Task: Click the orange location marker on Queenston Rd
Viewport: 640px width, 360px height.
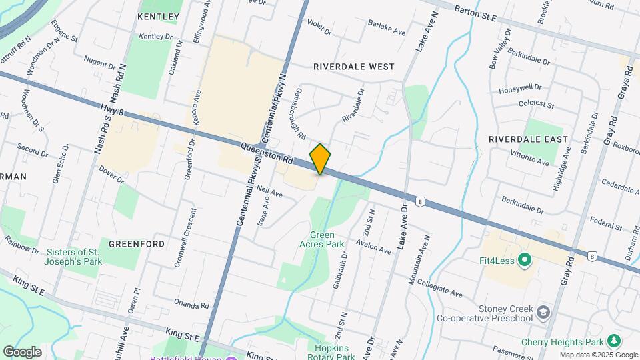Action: (x=320, y=159)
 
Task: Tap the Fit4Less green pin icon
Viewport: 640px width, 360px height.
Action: (x=524, y=260)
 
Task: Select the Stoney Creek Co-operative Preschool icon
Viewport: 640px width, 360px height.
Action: (x=544, y=312)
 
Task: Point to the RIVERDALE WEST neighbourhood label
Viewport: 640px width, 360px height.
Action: (x=353, y=67)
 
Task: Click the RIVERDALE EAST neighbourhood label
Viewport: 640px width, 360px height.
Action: (x=528, y=139)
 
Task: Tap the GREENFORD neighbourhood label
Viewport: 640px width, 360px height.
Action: (x=137, y=244)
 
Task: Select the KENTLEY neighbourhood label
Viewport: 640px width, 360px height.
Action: (x=158, y=16)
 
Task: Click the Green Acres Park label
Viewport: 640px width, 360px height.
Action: (x=327, y=239)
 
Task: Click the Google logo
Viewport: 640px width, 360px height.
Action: (x=22, y=351)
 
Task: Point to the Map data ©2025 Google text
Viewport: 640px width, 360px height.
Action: (x=597, y=355)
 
